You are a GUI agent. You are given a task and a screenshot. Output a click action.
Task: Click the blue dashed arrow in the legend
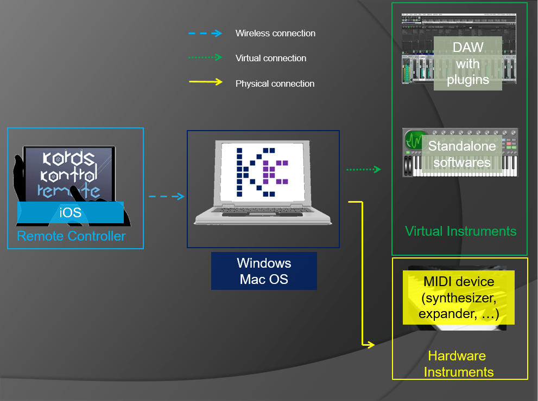point(205,33)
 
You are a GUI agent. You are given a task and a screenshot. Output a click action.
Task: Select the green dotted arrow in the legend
point(205,57)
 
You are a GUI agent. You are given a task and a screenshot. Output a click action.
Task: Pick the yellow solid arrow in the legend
point(205,82)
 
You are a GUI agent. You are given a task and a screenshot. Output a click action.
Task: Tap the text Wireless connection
point(275,34)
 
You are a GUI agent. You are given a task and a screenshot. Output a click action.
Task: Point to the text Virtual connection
point(271,59)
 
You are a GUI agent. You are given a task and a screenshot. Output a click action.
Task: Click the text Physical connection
point(275,84)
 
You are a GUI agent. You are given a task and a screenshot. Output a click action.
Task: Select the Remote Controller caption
point(71,236)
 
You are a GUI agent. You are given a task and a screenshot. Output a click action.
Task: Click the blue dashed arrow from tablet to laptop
point(167,197)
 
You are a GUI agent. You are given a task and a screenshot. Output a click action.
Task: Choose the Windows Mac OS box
point(264,271)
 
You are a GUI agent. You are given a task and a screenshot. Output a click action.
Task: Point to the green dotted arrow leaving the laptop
point(364,170)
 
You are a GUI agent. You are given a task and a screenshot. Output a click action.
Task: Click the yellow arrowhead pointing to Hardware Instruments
point(371,345)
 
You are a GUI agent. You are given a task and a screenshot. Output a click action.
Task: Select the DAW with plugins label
point(467,64)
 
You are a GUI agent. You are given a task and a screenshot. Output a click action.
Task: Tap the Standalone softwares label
point(462,154)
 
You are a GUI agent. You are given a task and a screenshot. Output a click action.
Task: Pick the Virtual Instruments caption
point(460,231)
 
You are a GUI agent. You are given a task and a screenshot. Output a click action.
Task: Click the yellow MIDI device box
point(458,298)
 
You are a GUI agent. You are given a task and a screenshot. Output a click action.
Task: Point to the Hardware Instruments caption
point(459,364)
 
